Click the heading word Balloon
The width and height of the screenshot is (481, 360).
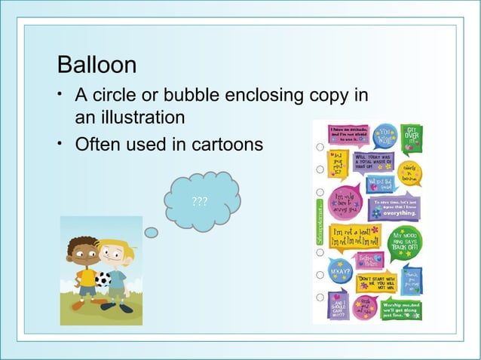click(97, 65)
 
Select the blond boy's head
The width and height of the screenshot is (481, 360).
click(115, 255)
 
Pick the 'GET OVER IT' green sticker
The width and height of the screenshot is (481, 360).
click(413, 139)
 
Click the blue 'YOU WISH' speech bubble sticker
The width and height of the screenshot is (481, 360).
click(385, 137)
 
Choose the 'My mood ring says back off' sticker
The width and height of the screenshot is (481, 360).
click(407, 242)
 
